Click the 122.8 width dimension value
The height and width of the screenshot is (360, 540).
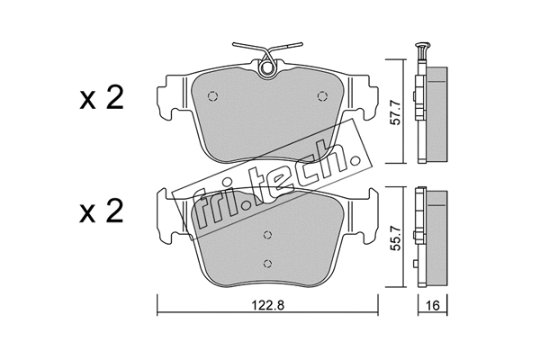click(267, 305)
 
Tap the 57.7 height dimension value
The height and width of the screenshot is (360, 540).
click(396, 112)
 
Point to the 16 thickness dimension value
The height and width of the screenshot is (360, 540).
click(433, 305)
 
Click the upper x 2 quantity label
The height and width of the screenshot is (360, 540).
click(101, 98)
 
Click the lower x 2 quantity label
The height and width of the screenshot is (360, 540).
click(101, 211)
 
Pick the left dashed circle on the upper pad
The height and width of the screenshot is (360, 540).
click(212, 96)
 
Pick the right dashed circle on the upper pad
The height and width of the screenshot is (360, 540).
click(322, 95)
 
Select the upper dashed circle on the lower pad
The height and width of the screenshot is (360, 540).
click(267, 235)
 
